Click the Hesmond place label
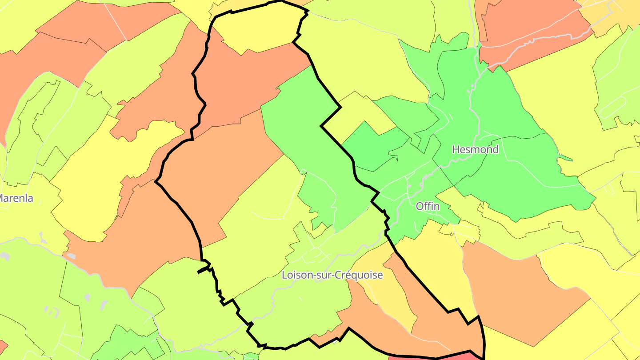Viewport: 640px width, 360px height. [475, 149]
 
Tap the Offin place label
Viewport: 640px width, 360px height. [428, 206]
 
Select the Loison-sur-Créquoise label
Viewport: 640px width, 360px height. [332, 275]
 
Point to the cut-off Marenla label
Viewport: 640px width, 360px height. [16, 198]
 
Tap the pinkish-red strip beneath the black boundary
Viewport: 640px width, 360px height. [436, 356]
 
